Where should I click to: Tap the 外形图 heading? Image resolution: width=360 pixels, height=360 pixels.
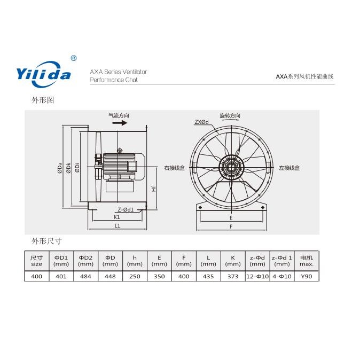click(43, 100)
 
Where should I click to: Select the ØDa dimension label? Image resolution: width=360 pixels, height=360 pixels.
click(60, 168)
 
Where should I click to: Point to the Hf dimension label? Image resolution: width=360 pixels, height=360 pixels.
click(153, 189)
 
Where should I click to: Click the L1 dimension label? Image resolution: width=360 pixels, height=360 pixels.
click(117, 226)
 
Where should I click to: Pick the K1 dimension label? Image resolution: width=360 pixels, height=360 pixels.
click(116, 217)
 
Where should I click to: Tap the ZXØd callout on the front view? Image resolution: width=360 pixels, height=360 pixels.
click(201, 122)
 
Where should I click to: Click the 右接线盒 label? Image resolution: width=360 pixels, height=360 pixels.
click(175, 168)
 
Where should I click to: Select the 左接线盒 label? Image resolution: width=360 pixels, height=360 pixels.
click(289, 168)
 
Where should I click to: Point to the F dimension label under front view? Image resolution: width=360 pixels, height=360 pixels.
click(230, 226)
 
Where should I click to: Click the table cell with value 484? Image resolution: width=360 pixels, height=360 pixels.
click(85, 277)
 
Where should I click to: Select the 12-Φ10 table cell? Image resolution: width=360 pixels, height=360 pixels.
click(257, 277)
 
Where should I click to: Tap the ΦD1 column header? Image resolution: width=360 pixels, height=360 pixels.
click(61, 261)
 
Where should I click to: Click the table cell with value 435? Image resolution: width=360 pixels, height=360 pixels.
click(208, 277)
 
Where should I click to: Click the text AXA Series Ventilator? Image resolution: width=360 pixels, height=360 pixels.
click(118, 72)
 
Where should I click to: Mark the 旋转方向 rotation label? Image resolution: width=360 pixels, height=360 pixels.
click(230, 116)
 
